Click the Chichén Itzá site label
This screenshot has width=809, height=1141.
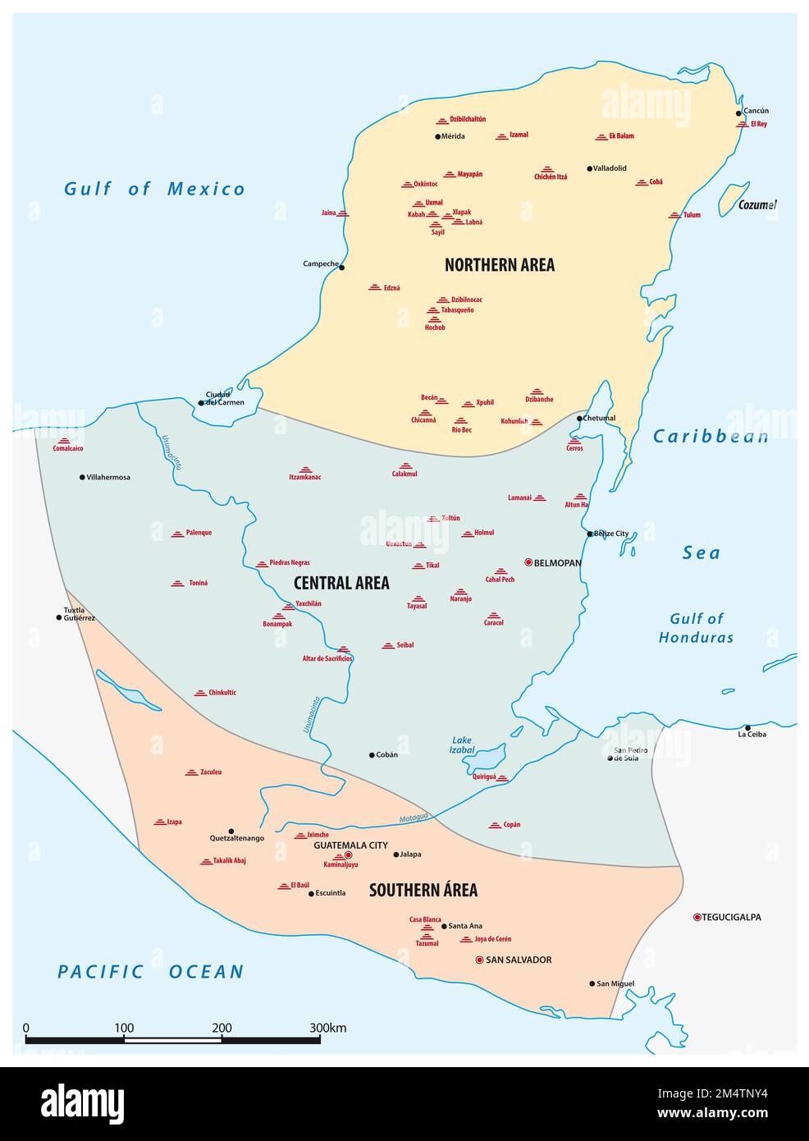click(x=551, y=177)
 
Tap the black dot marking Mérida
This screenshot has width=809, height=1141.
click(x=438, y=136)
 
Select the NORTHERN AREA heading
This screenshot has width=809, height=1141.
click(x=499, y=264)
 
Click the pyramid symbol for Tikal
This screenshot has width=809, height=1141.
click(x=418, y=565)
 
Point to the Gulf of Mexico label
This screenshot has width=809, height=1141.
click(x=155, y=189)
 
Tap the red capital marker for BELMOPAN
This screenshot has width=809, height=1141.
click(x=528, y=563)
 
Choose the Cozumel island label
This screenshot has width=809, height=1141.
click(x=756, y=205)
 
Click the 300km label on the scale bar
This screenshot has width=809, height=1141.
click(x=328, y=1028)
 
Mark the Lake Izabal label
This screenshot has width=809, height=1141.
click(x=462, y=745)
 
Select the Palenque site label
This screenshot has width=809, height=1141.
click(x=199, y=533)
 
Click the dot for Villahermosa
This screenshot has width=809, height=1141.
click(x=82, y=477)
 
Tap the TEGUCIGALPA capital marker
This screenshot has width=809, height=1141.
click(x=697, y=917)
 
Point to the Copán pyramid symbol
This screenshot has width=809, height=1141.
click(x=495, y=824)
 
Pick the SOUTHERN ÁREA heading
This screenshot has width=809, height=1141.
click(x=423, y=890)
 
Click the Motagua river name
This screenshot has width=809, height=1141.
click(x=414, y=818)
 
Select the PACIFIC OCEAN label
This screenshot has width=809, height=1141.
click(x=151, y=972)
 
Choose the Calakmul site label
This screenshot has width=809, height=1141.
click(x=404, y=474)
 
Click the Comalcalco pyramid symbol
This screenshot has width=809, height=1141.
click(x=62, y=441)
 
